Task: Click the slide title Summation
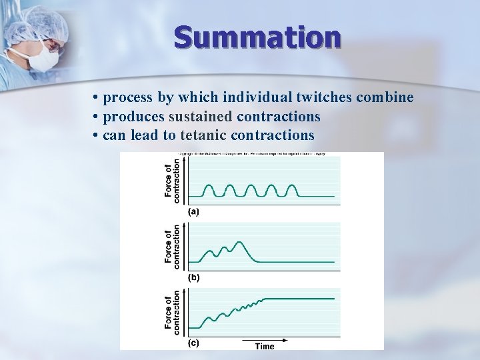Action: (257, 37)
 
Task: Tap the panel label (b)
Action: (194, 276)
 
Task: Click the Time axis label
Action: (265, 346)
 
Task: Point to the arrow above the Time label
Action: (265, 339)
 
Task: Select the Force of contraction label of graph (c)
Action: (172, 311)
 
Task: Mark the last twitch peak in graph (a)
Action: (291, 185)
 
